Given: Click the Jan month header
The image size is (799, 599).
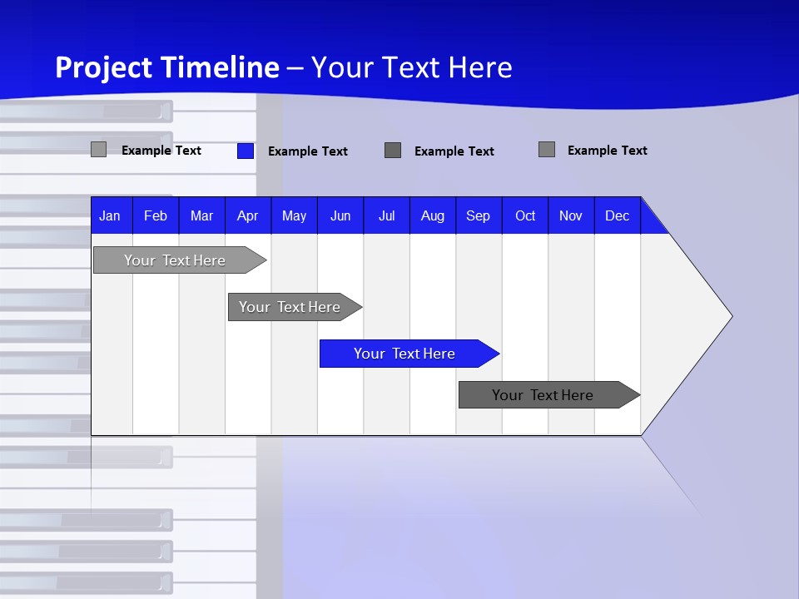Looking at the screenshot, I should (110, 216).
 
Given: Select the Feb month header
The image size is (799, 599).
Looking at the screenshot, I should (156, 216).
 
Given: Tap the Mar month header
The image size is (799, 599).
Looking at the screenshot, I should (201, 216).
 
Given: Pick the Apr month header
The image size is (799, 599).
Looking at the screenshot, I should (248, 216).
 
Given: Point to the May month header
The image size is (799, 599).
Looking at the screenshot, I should (294, 216).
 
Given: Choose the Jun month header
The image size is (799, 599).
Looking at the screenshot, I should (340, 216).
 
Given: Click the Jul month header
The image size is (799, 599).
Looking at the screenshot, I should (386, 216).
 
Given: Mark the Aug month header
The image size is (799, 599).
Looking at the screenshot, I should (433, 216).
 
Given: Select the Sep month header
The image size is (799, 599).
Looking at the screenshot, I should (479, 216).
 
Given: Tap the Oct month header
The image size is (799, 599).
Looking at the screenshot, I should (525, 216).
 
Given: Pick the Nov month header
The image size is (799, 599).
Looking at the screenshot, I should (571, 216).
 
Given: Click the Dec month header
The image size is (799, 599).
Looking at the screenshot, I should (618, 216).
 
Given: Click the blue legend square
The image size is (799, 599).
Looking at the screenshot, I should (246, 151).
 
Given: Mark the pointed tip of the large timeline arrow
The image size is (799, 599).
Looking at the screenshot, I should (731, 316).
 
